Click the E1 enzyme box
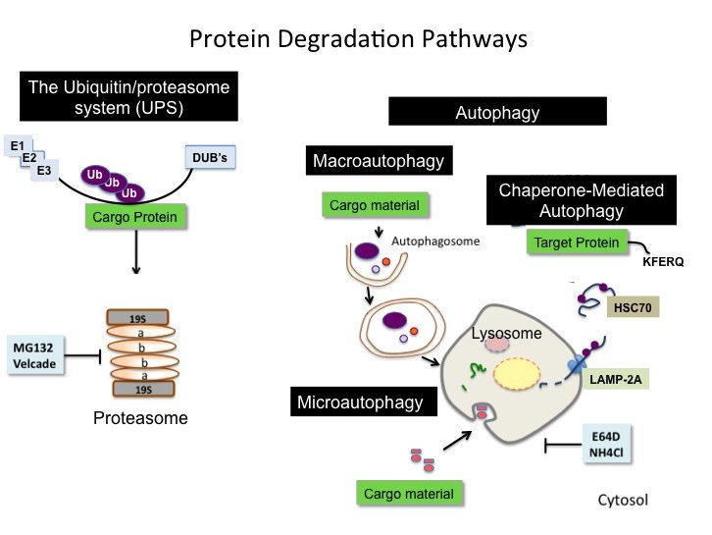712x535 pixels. (x=17, y=146)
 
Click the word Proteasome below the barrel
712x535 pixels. (x=140, y=419)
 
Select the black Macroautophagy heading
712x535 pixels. (x=378, y=160)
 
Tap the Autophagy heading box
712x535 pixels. (x=497, y=112)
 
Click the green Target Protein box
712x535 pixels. (x=576, y=241)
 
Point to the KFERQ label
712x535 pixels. (x=662, y=264)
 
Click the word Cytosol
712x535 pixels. (x=623, y=501)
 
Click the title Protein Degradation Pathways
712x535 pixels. (x=358, y=39)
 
